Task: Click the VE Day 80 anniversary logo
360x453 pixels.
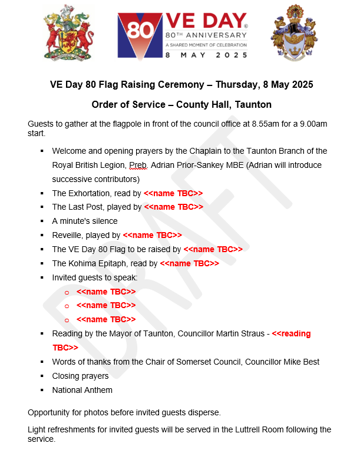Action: (183, 35)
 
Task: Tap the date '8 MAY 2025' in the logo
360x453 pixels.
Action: (206, 54)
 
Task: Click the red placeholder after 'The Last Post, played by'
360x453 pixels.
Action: (173, 207)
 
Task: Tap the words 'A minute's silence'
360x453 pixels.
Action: (85, 221)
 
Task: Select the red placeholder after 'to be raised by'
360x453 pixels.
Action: (213, 249)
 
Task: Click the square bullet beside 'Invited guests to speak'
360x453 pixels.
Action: (42, 277)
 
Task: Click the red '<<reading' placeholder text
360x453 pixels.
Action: (291, 333)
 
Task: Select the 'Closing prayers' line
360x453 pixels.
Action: (80, 376)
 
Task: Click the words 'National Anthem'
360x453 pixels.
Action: (82, 390)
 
